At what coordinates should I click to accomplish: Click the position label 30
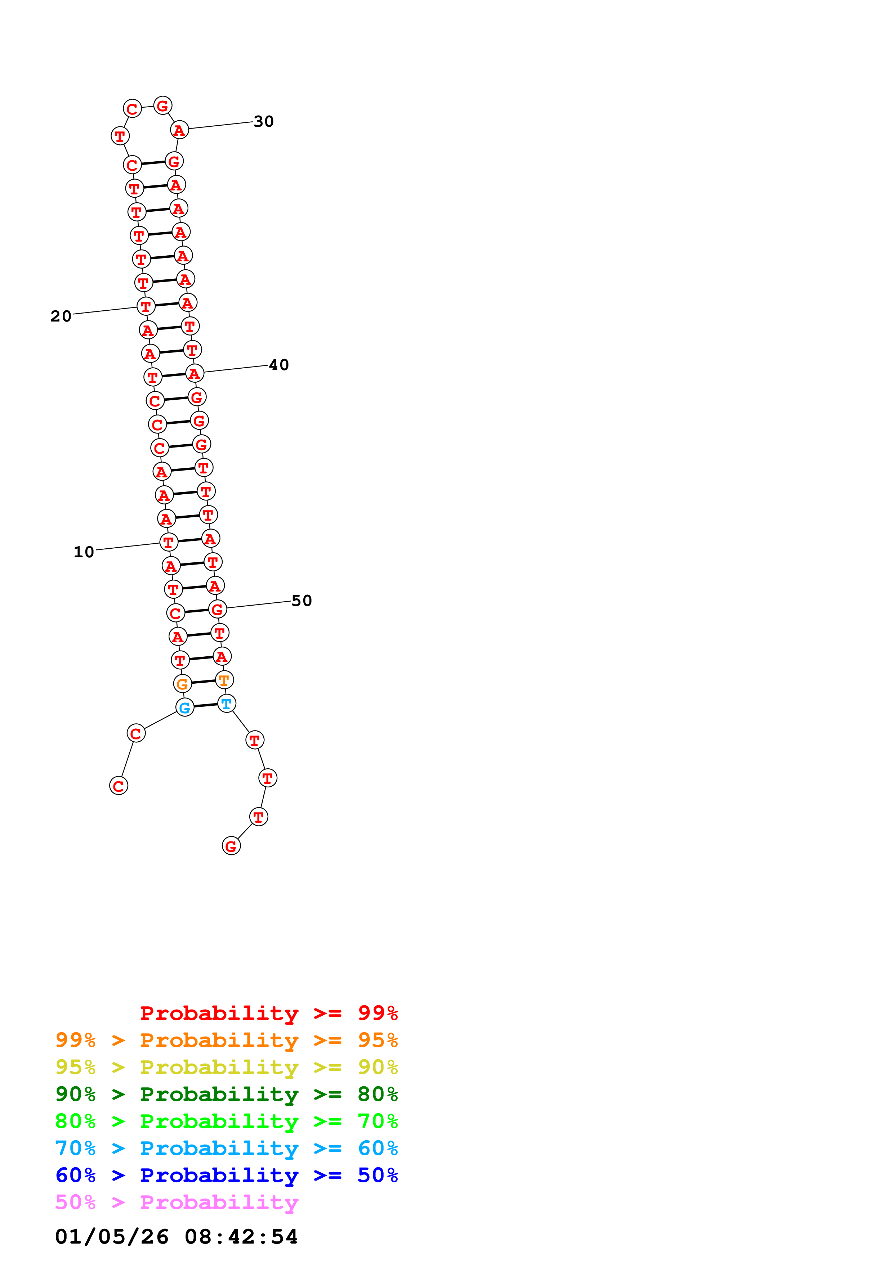tap(264, 122)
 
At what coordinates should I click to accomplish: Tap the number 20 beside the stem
tap(61, 316)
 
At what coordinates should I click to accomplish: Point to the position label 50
tap(302, 601)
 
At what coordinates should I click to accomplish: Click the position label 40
tap(279, 365)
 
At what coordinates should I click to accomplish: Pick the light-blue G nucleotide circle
tap(185, 707)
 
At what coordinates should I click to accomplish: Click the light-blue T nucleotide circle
tap(227, 704)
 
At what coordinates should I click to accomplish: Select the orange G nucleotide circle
tap(182, 684)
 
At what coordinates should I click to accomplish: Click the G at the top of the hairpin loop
tap(162, 105)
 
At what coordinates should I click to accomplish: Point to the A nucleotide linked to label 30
tap(179, 130)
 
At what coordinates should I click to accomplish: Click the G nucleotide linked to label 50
tap(217, 610)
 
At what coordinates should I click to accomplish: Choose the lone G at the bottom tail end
tap(231, 846)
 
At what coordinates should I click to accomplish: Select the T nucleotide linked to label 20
tap(146, 306)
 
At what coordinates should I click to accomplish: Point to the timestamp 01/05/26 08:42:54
tap(177, 1237)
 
